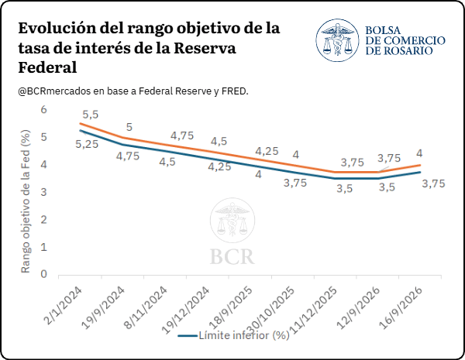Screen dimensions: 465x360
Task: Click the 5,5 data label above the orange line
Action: [x=91, y=115]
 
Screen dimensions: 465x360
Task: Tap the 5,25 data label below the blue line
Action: [x=87, y=144]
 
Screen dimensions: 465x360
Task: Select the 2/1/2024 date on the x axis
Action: [x=63, y=306]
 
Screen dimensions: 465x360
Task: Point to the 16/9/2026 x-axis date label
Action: [x=401, y=307]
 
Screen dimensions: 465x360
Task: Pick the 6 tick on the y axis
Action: [x=44, y=109]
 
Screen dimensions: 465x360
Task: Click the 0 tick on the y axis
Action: [x=44, y=274]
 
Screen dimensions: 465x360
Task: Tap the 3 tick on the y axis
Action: [x=44, y=192]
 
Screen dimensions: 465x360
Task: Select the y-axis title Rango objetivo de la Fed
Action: [x=26, y=201]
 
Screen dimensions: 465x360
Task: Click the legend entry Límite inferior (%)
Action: [x=234, y=335]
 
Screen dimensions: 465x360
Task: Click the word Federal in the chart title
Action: [x=47, y=67]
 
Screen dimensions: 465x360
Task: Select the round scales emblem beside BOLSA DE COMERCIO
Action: [x=337, y=40]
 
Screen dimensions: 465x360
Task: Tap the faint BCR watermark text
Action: [x=232, y=256]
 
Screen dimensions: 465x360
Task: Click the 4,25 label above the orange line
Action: [x=267, y=151]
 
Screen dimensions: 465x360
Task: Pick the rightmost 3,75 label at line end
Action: [x=433, y=183]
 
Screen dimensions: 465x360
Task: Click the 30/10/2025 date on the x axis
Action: [x=272, y=310]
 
